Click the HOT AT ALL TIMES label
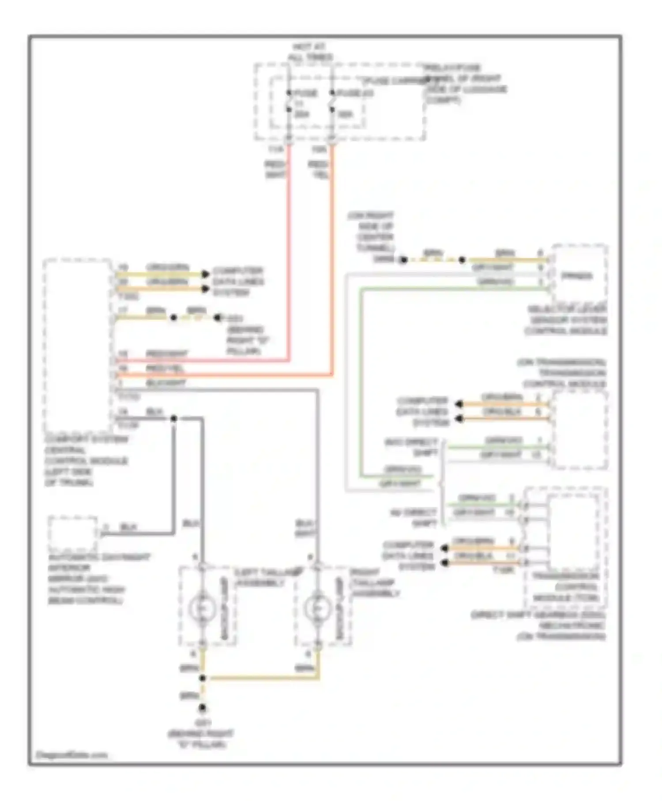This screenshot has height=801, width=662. (310, 52)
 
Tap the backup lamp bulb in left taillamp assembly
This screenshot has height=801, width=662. (201, 608)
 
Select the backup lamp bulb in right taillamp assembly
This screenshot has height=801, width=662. (316, 608)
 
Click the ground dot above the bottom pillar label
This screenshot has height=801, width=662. (202, 708)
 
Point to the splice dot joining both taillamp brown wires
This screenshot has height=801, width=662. (203, 678)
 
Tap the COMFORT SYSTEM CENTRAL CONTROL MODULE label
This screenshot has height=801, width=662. (87, 461)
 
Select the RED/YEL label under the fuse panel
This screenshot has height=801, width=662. (318, 170)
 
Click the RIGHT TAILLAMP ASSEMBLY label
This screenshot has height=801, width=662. (375, 583)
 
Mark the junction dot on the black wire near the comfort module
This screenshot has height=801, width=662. (173, 418)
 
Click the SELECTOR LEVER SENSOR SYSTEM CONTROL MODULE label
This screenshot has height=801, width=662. (567, 320)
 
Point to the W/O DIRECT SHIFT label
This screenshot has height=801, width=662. (412, 447)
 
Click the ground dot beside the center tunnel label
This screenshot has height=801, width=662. (403, 260)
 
